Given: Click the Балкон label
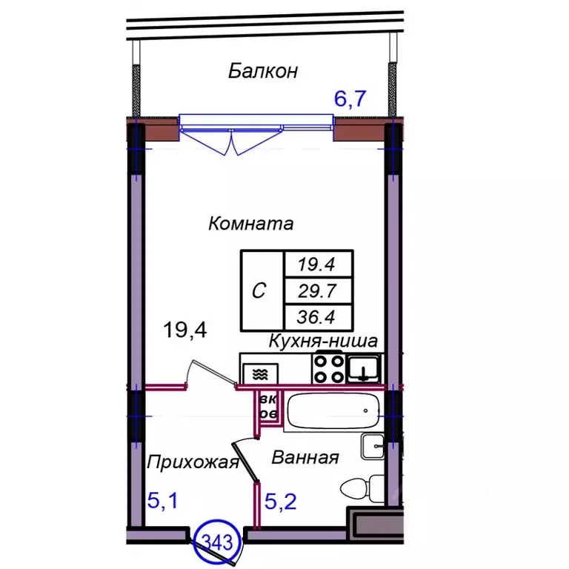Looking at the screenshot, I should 263,71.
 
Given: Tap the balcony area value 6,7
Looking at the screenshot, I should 350,99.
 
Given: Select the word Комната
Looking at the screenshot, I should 251,223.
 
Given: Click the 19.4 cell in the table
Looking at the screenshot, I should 319,263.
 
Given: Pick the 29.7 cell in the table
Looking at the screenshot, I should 319,290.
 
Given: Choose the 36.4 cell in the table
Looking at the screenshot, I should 319,317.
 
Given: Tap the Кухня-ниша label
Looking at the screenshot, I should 323,342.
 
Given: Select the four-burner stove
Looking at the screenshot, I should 327,368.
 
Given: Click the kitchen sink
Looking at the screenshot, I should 365,367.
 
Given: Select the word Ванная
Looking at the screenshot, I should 305,458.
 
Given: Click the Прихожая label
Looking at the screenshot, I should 193,463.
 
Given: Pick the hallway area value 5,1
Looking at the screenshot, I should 163,502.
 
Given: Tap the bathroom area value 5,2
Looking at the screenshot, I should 281,503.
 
